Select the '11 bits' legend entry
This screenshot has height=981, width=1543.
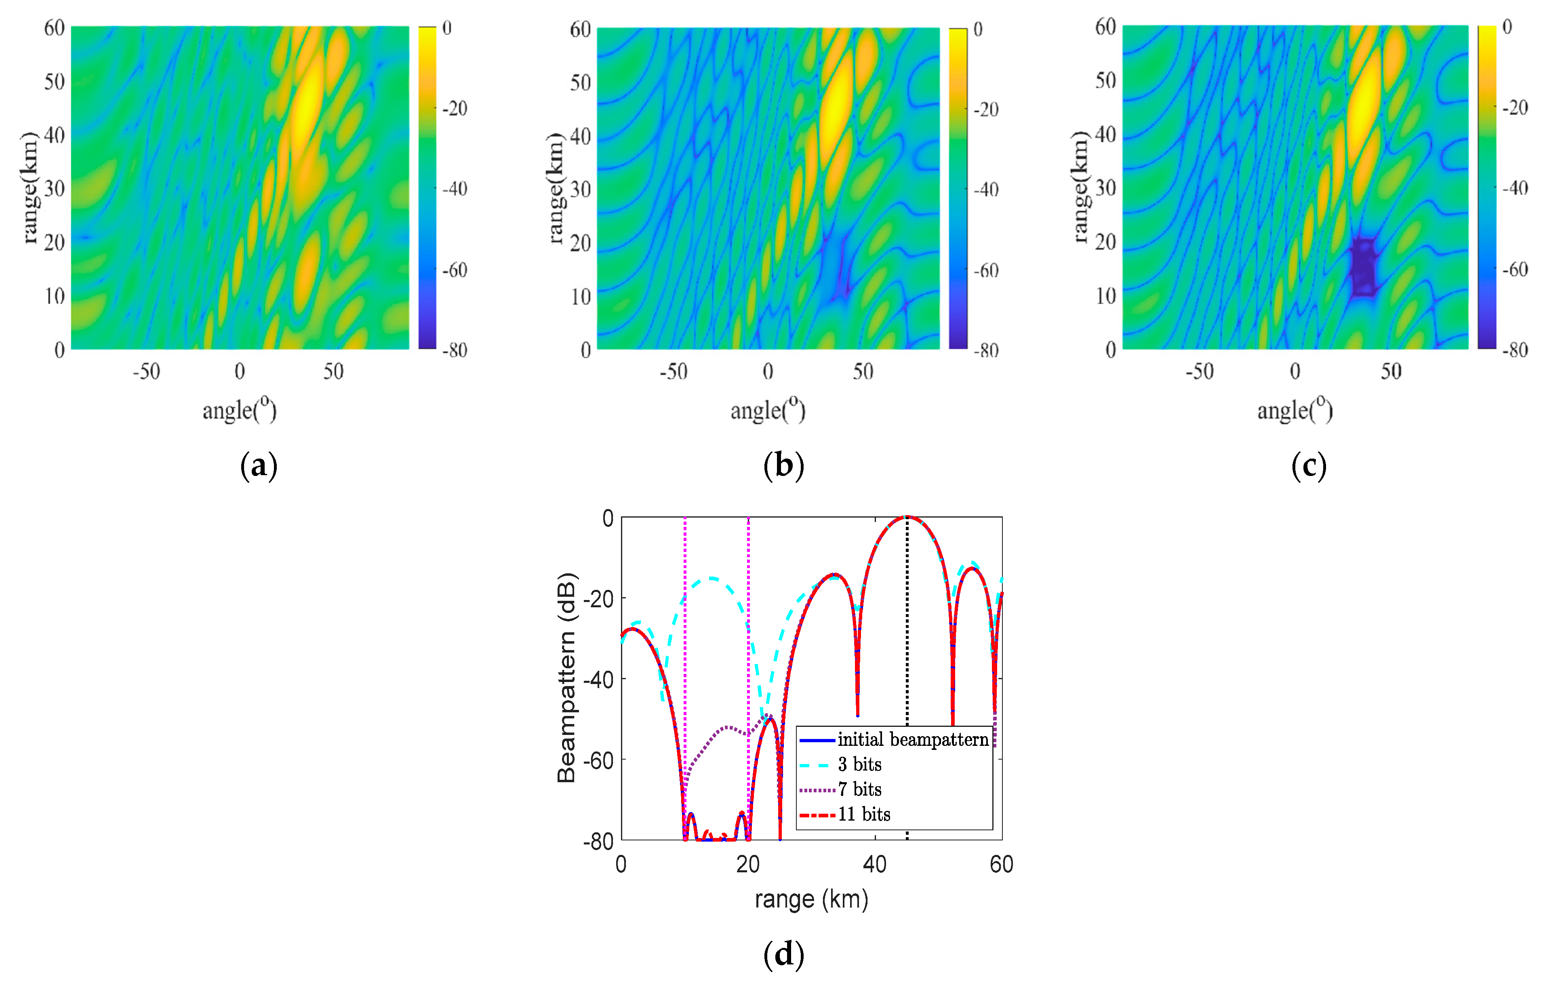(864, 815)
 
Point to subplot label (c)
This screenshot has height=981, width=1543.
(1309, 465)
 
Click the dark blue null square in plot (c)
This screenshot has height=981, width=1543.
(1363, 267)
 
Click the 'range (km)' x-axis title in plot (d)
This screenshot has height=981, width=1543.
(811, 899)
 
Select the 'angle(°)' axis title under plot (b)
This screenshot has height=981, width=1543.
(768, 410)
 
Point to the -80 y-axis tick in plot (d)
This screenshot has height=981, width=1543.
(598, 841)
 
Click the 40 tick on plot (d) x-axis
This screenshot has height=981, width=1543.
(875, 864)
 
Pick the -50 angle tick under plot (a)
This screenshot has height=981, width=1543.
(146, 372)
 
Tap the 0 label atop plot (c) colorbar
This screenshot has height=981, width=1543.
(1507, 27)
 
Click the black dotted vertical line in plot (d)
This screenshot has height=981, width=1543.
(907, 641)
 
